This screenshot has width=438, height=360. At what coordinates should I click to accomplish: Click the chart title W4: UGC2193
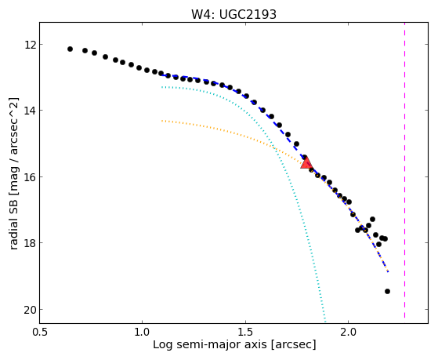[233, 14]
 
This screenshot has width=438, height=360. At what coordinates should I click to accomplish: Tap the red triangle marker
[306, 163]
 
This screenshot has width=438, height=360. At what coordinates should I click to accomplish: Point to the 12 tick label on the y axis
[30, 45]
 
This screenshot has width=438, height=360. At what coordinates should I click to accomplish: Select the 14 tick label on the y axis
[30, 111]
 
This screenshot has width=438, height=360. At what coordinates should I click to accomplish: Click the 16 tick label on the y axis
[30, 177]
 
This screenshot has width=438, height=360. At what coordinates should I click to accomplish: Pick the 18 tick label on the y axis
[30, 243]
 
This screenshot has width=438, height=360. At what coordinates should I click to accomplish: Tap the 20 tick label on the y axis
[30, 310]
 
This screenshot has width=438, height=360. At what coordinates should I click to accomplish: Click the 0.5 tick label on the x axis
[39, 332]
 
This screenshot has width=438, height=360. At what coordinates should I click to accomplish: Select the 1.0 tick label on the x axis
[142, 332]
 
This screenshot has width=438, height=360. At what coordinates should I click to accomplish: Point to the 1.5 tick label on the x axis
[245, 332]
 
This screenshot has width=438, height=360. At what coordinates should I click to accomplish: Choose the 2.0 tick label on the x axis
[348, 332]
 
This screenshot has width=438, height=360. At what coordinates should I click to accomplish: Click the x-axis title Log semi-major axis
[210, 344]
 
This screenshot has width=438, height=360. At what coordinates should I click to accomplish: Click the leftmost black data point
[70, 49]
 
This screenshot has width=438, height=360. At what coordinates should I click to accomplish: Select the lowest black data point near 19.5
[387, 292]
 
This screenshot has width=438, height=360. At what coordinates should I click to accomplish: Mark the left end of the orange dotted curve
[161, 121]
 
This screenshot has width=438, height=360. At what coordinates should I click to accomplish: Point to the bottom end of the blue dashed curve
[388, 271]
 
